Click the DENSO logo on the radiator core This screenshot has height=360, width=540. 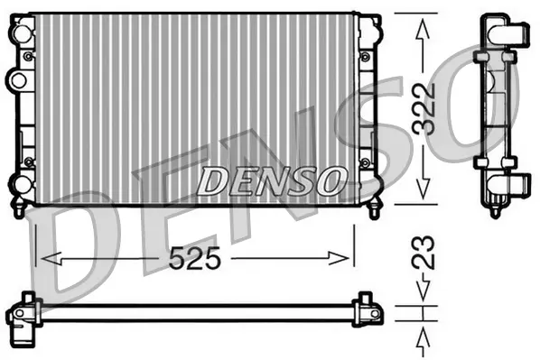tap(269, 181)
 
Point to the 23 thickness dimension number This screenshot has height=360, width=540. tap(424, 253)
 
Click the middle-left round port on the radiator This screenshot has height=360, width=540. tap(16, 80)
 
